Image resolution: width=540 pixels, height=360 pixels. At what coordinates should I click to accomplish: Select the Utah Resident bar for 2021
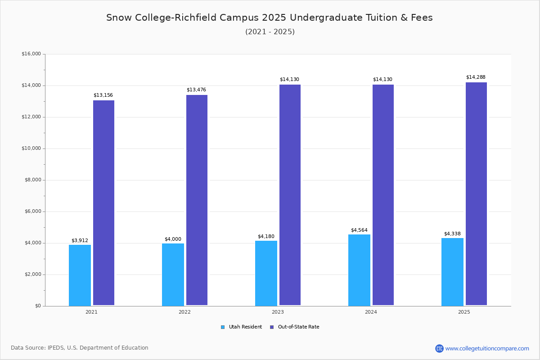pos(80,275)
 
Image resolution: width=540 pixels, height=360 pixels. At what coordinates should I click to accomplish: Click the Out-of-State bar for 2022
pos(197,200)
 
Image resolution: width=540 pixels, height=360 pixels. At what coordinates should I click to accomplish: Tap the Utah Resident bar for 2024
pos(359,270)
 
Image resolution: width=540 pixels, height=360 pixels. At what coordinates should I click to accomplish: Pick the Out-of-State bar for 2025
pos(476,193)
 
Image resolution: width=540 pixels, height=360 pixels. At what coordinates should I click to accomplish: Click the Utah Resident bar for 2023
pos(266,273)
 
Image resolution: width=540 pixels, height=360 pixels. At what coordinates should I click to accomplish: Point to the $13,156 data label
pos(103,95)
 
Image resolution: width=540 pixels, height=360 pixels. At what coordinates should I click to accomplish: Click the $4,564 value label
pos(359,230)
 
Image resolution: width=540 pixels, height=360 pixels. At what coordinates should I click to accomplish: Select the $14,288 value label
pos(476,77)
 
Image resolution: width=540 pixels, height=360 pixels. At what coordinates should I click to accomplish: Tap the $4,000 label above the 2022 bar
pos(173,239)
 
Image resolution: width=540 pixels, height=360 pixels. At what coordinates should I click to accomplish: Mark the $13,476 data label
pos(196,90)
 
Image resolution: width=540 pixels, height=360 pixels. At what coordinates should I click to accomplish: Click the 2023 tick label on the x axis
pos(278,312)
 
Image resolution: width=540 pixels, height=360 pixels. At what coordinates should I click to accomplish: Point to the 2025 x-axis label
pos(464,312)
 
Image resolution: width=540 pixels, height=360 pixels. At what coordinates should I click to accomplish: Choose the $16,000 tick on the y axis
pos(31,54)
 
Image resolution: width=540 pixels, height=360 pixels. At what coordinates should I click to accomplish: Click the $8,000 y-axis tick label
pos(32,180)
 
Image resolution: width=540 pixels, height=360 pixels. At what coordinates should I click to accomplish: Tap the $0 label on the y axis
pos(37,306)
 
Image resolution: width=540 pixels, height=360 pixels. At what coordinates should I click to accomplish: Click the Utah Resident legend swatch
pos(223,327)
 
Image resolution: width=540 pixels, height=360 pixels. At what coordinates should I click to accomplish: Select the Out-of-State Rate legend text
pos(298,327)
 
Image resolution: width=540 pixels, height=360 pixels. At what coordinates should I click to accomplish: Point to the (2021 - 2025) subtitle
pos(270,32)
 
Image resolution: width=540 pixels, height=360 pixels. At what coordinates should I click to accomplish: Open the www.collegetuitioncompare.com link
pos(487,348)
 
